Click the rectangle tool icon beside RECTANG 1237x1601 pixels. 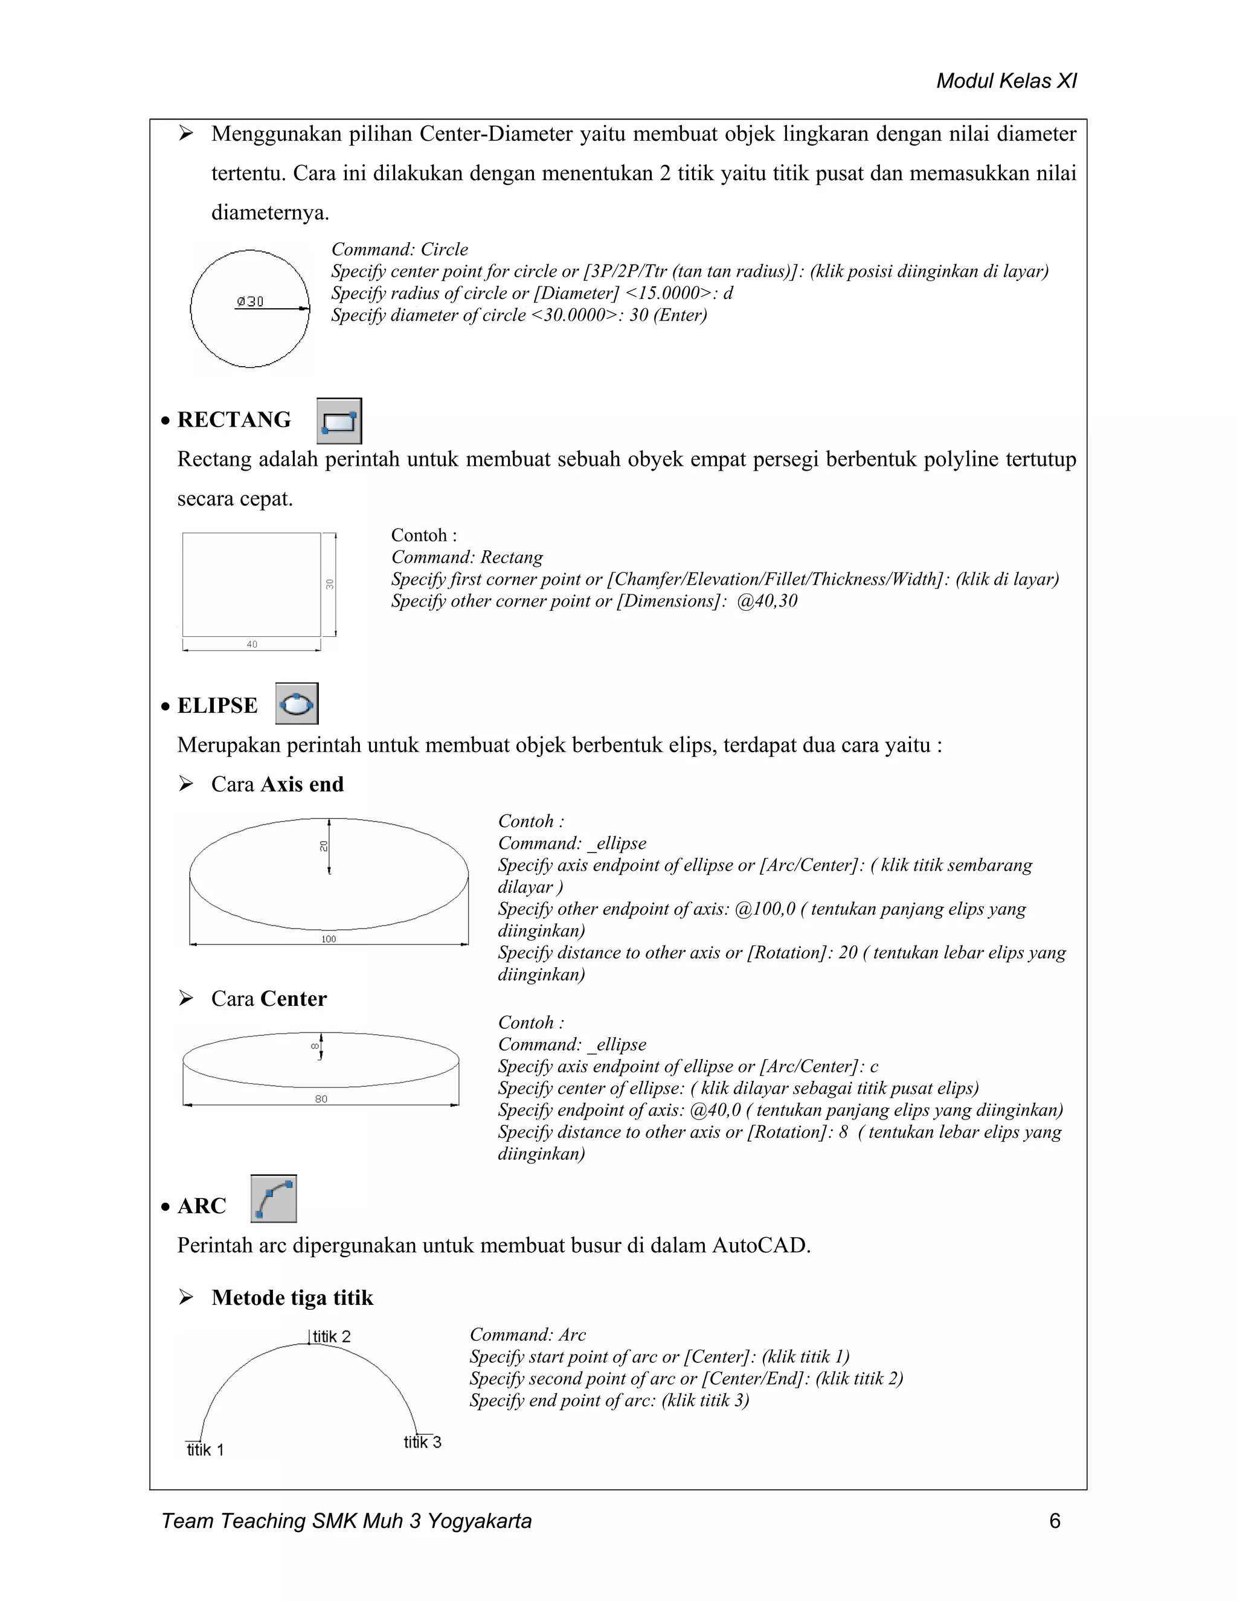tap(339, 420)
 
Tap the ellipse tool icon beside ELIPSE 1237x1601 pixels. tap(297, 704)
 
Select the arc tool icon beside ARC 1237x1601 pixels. tap(274, 1199)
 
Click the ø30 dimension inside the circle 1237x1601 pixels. tap(251, 301)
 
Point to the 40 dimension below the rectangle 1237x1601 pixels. tap(251, 645)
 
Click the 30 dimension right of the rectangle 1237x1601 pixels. tap(330, 584)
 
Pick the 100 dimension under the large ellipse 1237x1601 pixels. tap(329, 939)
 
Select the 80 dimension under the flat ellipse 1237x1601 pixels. tap(321, 1099)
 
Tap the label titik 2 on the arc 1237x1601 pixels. tap(331, 1336)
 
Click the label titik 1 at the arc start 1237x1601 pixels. tap(205, 1449)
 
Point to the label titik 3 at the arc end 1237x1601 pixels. tap(422, 1442)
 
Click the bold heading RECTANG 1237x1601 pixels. tap(234, 419)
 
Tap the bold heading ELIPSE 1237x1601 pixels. tap(217, 705)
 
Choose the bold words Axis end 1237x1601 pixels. tap(302, 784)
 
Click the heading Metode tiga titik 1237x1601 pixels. tap(292, 1298)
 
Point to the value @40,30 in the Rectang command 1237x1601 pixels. tap(766, 601)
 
